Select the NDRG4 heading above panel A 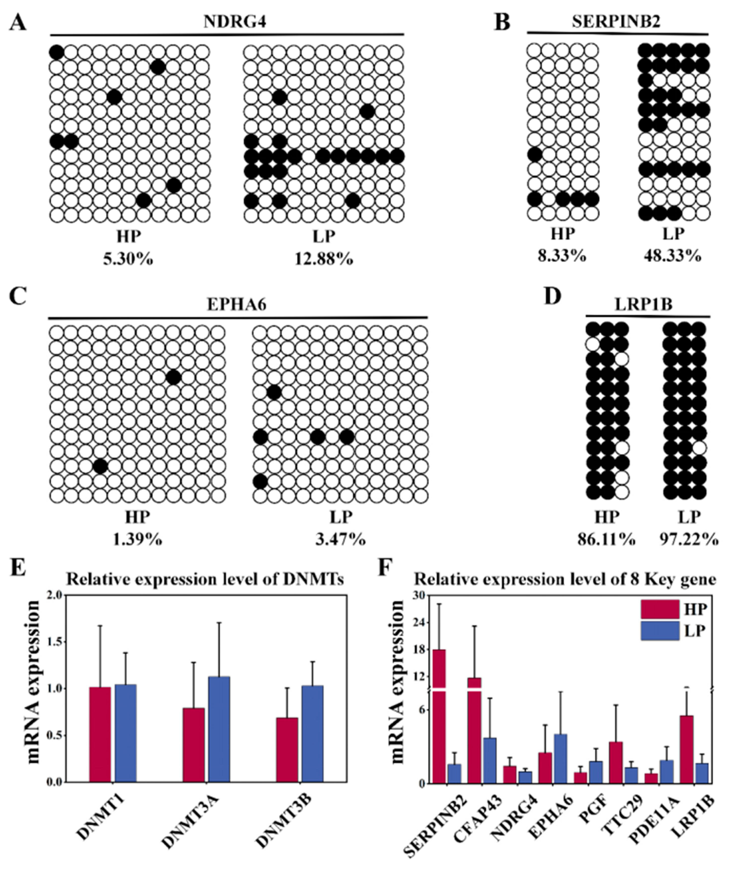click(235, 22)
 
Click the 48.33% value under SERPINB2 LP click(673, 256)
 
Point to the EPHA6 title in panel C click(237, 305)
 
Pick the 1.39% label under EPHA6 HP click(137, 540)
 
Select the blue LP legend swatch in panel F click(660, 631)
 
